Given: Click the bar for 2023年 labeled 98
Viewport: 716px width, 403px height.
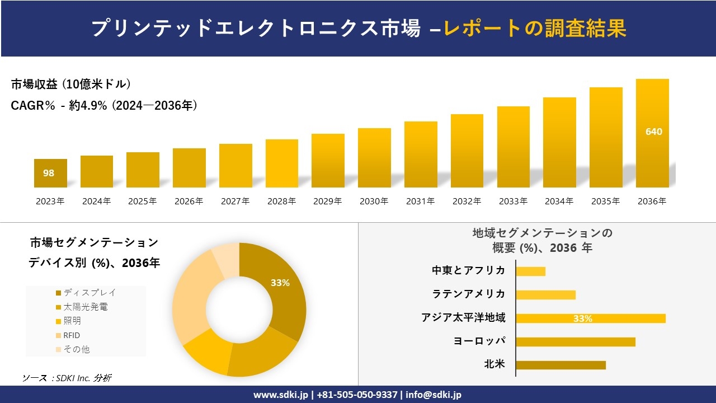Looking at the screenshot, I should [50, 173].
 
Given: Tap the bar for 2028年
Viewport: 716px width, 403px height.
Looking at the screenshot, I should [282, 163].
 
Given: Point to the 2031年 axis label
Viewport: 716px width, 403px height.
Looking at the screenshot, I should [420, 201].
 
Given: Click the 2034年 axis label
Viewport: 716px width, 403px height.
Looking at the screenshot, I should [559, 201].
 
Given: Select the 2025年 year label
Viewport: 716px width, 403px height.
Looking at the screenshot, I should [143, 201].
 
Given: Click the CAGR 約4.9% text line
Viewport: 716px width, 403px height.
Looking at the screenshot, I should [104, 106].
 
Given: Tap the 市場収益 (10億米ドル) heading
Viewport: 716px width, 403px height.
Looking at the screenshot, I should [71, 85].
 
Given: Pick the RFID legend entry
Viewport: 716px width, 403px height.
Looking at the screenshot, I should [71, 335].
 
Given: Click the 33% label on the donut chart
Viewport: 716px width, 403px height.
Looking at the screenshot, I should [280, 283].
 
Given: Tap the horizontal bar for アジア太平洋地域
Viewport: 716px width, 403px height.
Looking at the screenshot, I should [591, 318].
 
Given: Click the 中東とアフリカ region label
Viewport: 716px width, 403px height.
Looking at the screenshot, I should [468, 270].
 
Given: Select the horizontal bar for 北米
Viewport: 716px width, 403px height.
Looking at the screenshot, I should [560, 365].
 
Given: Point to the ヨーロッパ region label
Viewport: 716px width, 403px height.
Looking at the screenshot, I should [479, 341].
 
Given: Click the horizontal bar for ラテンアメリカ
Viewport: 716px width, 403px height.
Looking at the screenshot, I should [545, 294].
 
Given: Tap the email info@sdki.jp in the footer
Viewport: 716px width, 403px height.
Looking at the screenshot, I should [434, 395].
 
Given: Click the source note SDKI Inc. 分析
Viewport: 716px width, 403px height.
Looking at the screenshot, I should [67, 378].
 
